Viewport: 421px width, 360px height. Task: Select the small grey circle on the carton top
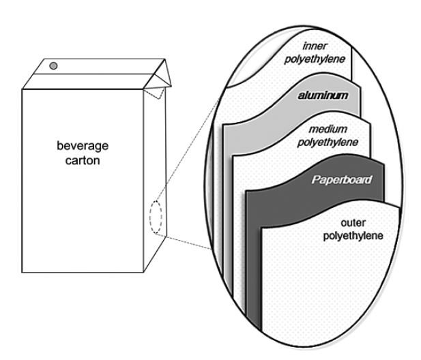(x=54, y=65)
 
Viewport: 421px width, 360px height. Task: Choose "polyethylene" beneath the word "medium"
(x=332, y=143)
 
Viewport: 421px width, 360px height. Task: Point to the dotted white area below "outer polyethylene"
(x=321, y=293)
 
